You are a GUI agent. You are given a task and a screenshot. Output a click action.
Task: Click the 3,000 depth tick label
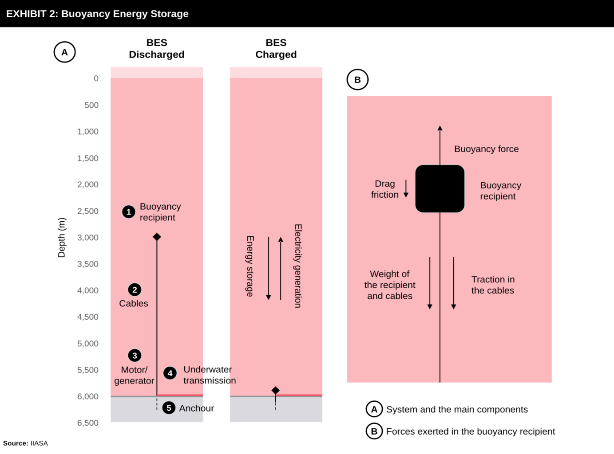[x=88, y=238]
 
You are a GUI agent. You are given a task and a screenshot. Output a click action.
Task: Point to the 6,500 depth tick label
[x=88, y=423]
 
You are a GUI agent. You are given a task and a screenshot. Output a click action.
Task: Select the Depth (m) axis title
[x=61, y=238]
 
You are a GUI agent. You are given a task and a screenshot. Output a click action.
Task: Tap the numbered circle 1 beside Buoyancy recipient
[x=129, y=212]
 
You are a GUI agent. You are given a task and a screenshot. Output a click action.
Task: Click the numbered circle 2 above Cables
[x=135, y=290]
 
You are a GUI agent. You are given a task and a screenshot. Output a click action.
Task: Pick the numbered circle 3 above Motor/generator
[x=135, y=356]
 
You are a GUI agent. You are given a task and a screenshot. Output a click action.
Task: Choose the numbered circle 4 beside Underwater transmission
[x=170, y=373]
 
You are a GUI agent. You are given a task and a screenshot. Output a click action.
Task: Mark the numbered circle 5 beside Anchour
[x=169, y=408]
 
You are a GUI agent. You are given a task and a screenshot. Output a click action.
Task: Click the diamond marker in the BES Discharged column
[x=157, y=237]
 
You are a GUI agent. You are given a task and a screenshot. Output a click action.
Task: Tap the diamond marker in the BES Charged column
[x=275, y=391]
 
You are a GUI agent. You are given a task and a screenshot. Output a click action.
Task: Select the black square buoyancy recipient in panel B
[x=440, y=189]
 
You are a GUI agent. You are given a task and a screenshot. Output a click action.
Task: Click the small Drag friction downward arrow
[x=406, y=188]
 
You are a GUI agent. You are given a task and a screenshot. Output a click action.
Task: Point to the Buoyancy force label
[x=487, y=149]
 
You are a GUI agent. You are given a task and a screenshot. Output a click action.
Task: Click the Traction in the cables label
[x=493, y=285]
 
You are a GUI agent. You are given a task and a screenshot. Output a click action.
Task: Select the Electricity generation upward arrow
[x=281, y=269]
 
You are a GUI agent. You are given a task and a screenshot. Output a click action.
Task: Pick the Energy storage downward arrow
[x=268, y=268]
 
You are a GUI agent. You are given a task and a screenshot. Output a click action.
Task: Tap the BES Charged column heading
[x=276, y=48]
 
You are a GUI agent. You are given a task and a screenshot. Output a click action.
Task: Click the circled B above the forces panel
[x=357, y=80]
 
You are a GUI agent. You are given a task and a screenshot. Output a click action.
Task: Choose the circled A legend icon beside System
[x=374, y=409]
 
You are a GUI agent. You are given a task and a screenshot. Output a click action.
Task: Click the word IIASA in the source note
[x=39, y=443]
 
